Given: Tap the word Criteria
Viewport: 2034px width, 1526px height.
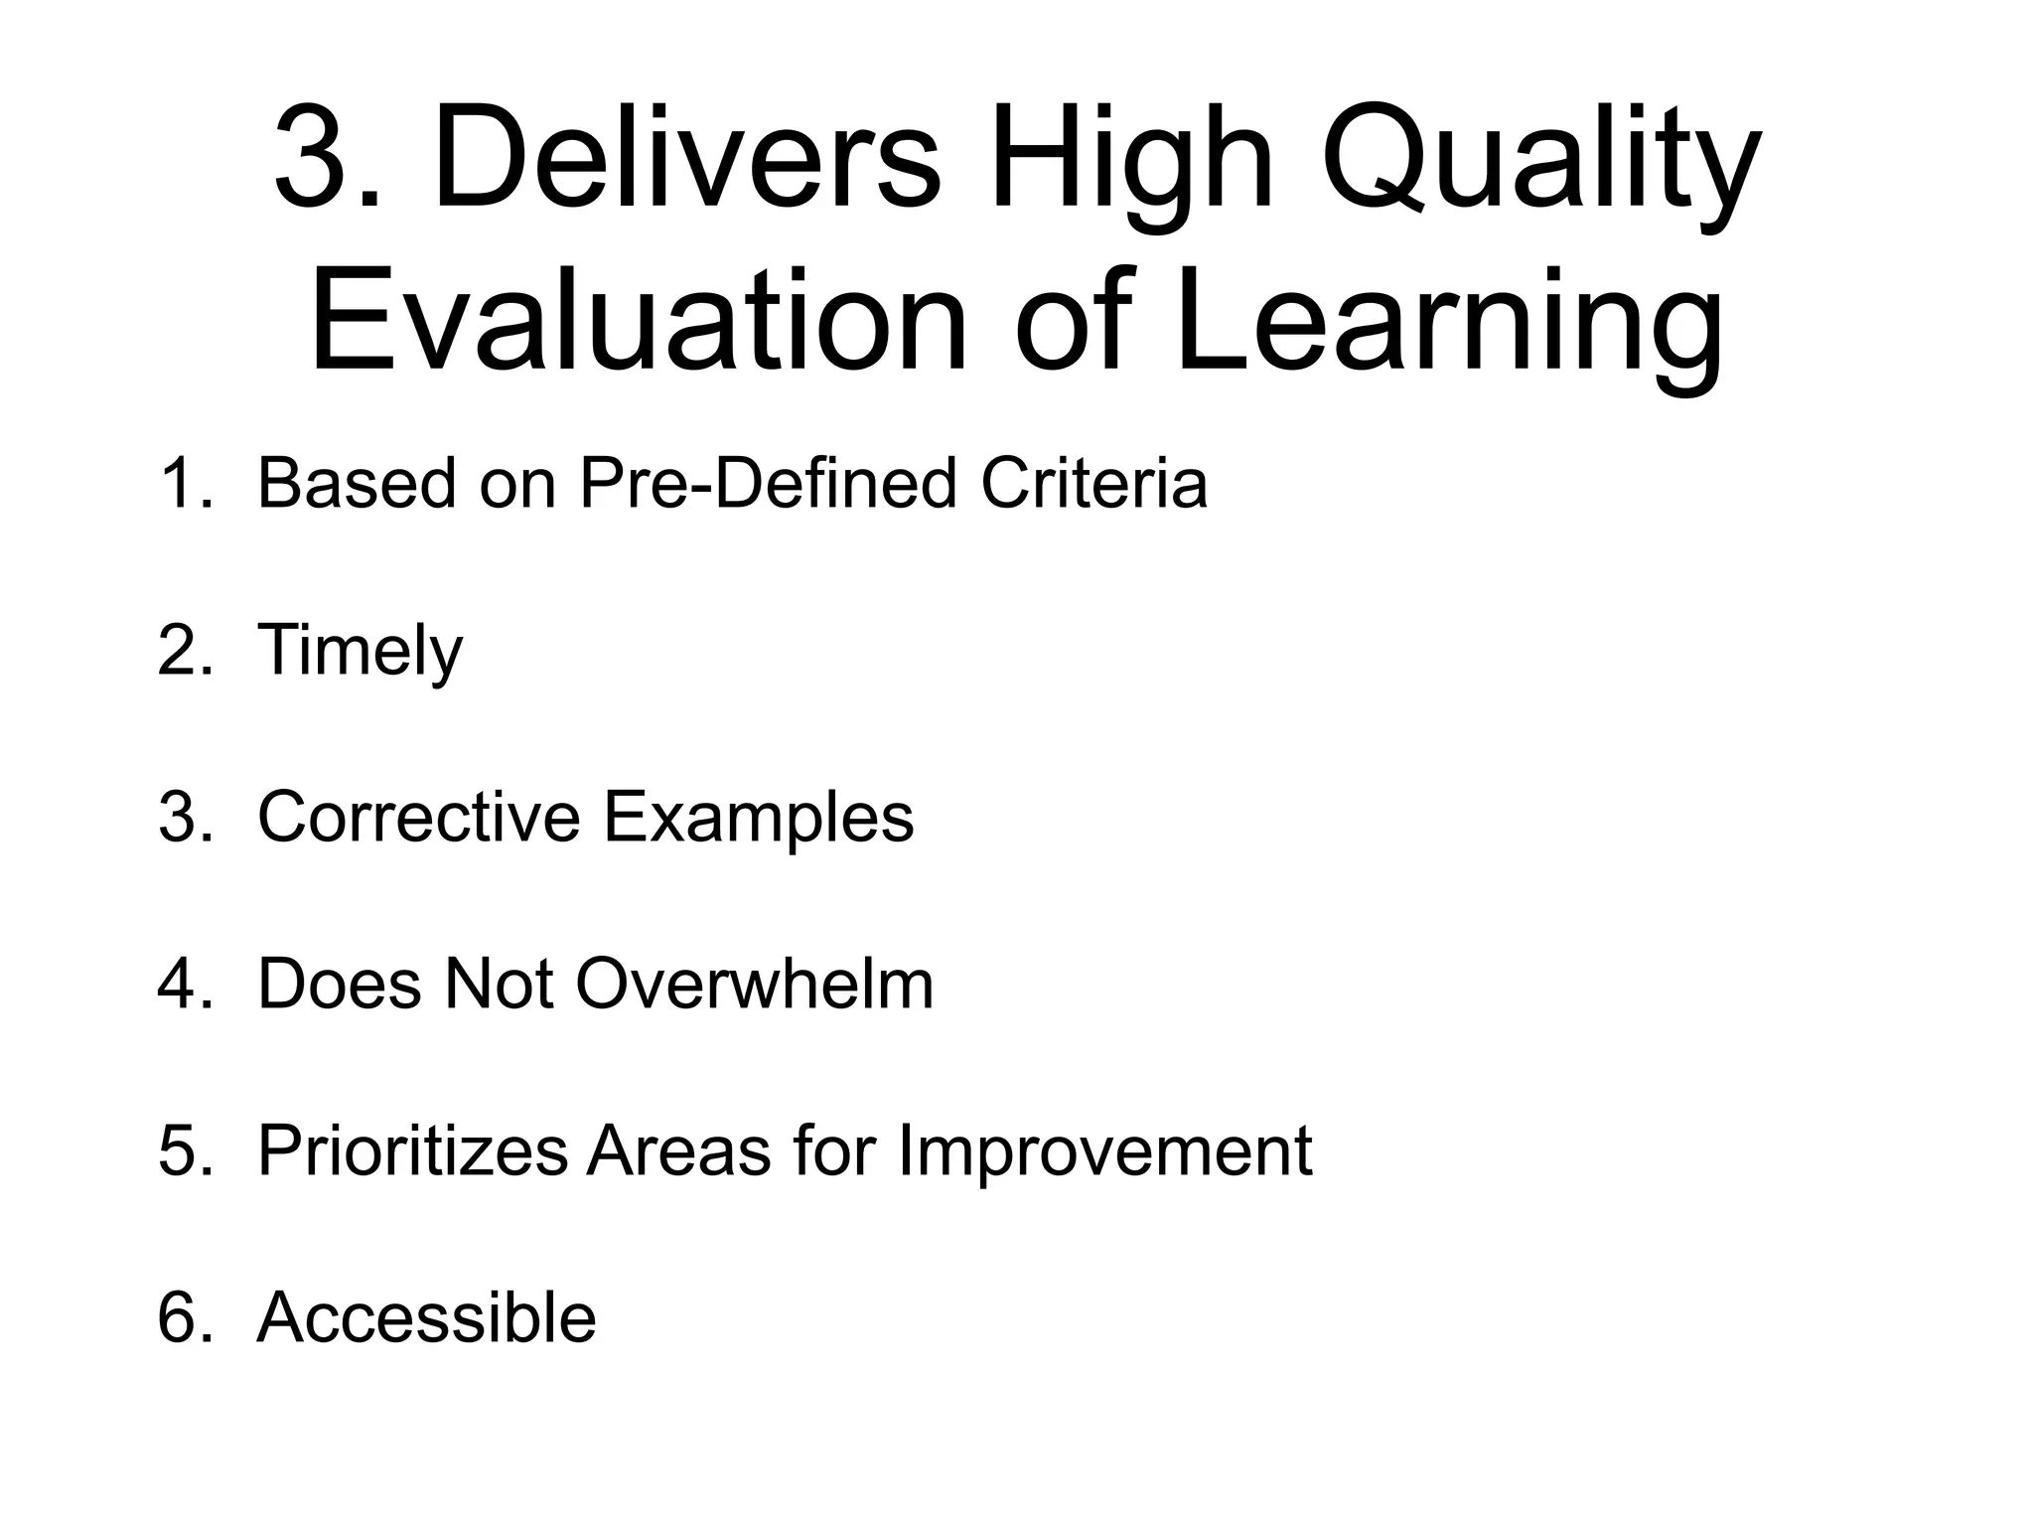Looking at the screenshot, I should pyautogui.click(x=1093, y=484).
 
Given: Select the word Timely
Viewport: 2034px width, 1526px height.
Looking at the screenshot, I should pyautogui.click(x=360, y=651).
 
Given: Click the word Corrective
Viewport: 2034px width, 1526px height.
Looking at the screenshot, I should pyautogui.click(x=418, y=817).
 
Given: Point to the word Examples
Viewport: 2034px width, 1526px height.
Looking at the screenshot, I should pyautogui.click(x=759, y=817).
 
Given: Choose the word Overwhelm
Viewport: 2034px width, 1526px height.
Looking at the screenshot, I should pyautogui.click(x=754, y=984).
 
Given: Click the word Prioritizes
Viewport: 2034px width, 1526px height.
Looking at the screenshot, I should pyautogui.click(x=411, y=1150).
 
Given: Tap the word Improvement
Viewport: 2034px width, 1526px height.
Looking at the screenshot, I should pyautogui.click(x=1104, y=1150).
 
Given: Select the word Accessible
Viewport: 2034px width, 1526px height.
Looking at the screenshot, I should pyautogui.click(x=426, y=1317).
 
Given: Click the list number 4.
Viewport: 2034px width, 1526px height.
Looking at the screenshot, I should pyautogui.click(x=185, y=984).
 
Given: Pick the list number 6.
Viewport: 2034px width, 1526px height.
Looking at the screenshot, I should pyautogui.click(x=185, y=1317).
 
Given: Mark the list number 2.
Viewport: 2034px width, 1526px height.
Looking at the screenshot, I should pyautogui.click(x=185, y=651).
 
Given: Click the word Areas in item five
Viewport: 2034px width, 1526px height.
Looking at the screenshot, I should pyautogui.click(x=678, y=1150).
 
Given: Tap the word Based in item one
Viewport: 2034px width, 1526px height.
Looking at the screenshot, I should pyautogui.click(x=358, y=484).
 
